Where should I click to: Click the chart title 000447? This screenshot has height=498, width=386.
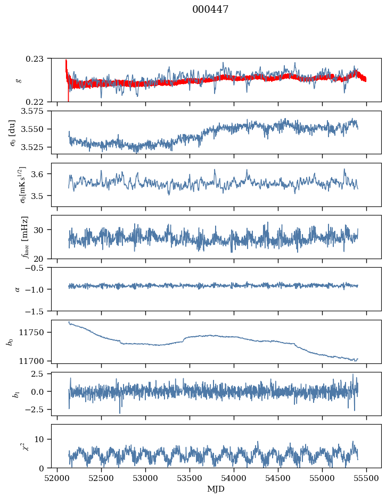(210, 10)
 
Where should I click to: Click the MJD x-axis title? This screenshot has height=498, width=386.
(216, 489)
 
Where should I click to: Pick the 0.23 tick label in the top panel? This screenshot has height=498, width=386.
(38, 58)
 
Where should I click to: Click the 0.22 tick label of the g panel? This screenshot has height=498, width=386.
(38, 102)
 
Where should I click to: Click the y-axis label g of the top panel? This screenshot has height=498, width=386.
(19, 80)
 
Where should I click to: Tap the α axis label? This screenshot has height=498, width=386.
(18, 289)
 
